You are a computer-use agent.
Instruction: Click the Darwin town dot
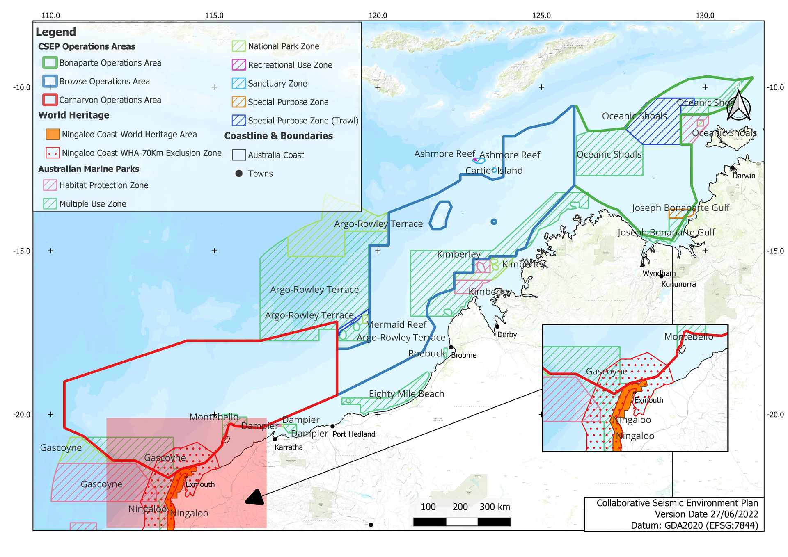click(x=732, y=168)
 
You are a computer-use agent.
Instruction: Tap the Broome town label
click(x=463, y=355)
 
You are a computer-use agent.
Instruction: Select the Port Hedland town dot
click(x=332, y=426)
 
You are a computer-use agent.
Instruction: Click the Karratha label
click(x=289, y=447)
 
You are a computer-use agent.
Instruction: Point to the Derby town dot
click(x=497, y=326)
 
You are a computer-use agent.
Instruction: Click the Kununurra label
click(x=678, y=284)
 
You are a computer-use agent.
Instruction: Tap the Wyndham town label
click(x=659, y=273)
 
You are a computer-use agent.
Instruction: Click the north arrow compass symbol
click(x=738, y=106)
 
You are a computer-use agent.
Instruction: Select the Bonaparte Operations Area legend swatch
click(x=50, y=63)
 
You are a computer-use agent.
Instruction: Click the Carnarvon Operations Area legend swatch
click(x=50, y=100)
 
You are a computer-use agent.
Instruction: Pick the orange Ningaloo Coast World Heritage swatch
click(x=53, y=134)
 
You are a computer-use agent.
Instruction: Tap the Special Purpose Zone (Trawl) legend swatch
click(x=239, y=120)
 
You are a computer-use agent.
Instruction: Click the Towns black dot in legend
click(x=239, y=173)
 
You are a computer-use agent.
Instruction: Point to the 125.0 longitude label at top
click(x=541, y=16)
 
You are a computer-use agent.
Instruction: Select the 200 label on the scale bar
click(x=460, y=507)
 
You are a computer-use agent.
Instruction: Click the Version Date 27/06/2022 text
click(x=706, y=514)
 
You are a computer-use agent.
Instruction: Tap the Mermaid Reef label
click(x=396, y=324)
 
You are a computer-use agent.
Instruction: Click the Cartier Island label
click(x=494, y=171)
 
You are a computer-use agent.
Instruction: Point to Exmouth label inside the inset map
click(x=648, y=400)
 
